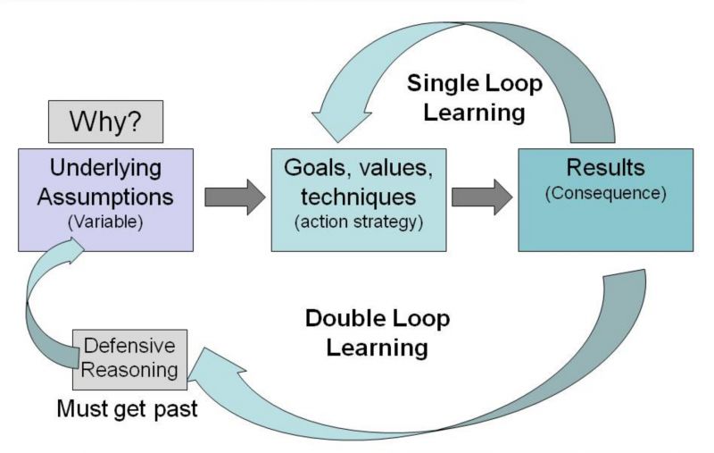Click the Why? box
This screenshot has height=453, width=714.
104,120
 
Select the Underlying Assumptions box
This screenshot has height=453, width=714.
105,199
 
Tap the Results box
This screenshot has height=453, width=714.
605,199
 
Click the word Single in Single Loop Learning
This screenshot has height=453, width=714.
439,83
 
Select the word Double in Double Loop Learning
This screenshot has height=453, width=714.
341,319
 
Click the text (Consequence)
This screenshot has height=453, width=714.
605,192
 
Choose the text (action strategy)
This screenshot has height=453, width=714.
358,222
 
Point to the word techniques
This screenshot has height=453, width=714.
357,195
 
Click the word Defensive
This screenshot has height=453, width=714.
130,346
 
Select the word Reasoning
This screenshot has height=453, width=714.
130,370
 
